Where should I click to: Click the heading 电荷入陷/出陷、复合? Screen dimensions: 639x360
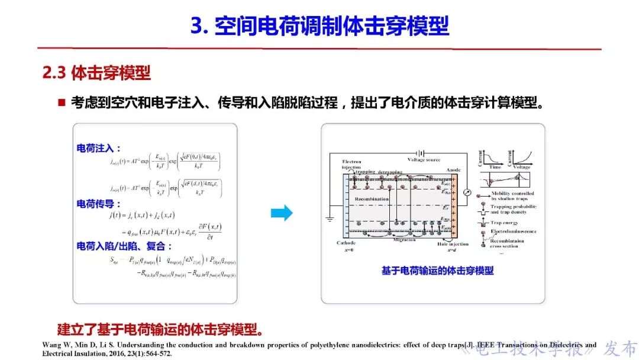pyautogui.click(x=125, y=246)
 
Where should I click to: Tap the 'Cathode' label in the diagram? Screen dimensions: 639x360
pyautogui.click(x=347, y=243)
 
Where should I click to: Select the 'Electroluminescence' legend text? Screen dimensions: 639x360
pyautogui.click(x=514, y=231)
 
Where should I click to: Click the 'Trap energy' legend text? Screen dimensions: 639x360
pyautogui.click(x=504, y=223)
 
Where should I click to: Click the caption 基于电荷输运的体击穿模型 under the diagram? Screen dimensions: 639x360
pyautogui.click(x=437, y=271)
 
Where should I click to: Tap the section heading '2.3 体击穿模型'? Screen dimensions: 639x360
pyautogui.click(x=96, y=73)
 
